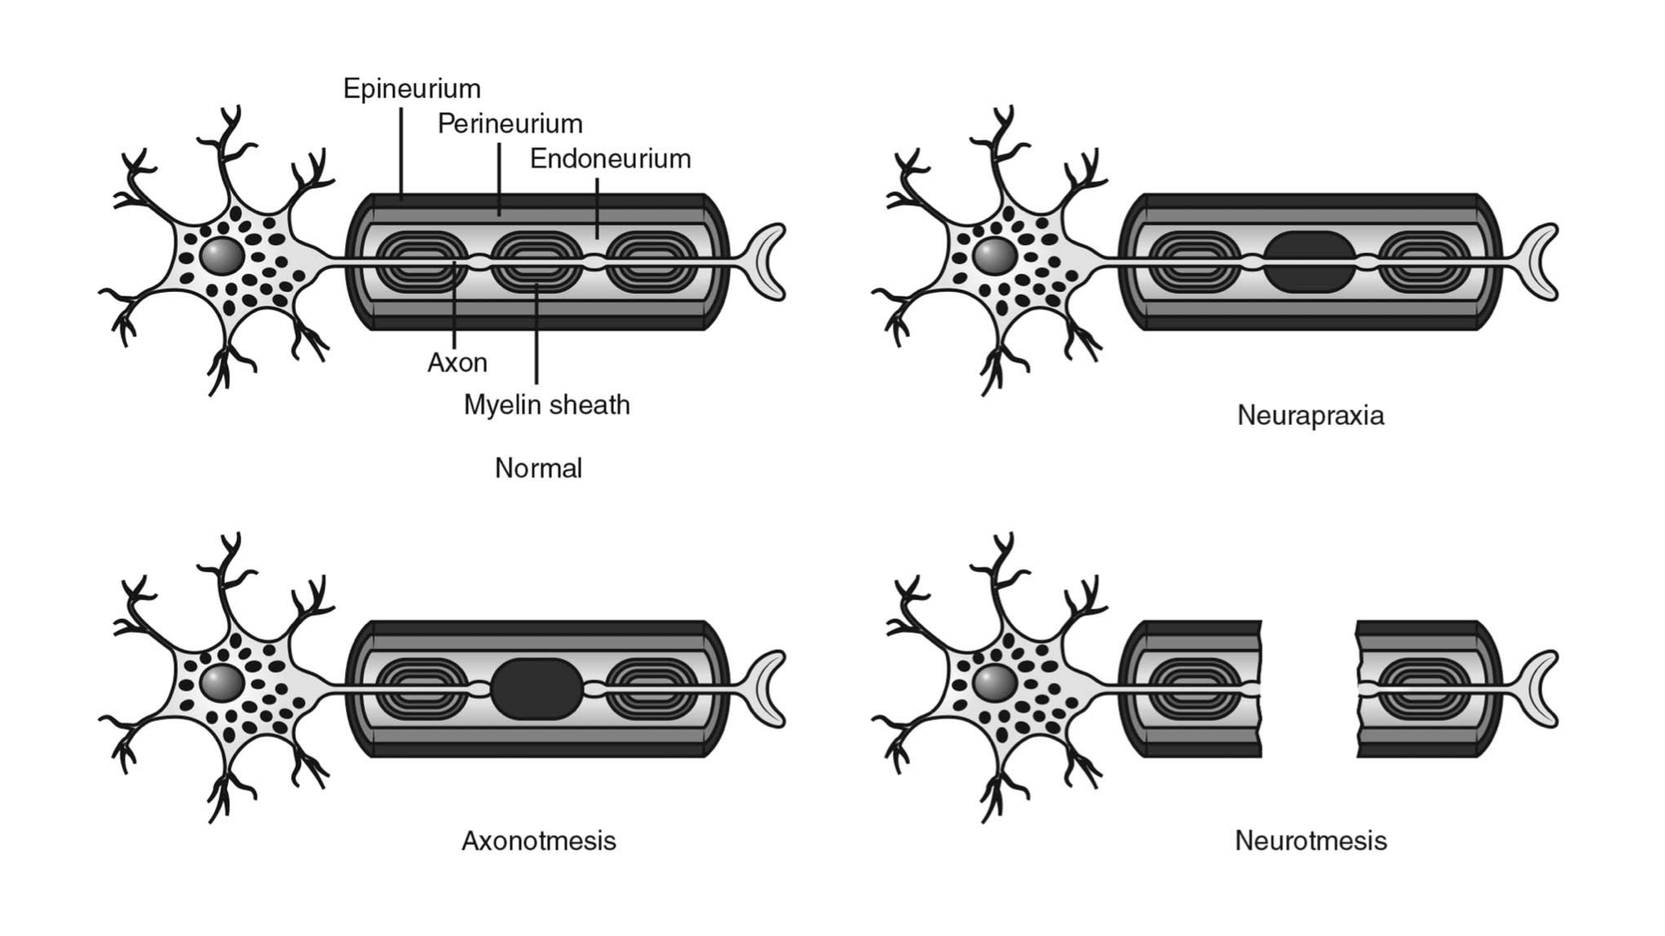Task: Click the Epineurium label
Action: (412, 88)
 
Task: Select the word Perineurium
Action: (510, 124)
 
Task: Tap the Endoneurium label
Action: (610, 159)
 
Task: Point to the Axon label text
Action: (457, 362)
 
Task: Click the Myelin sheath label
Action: (546, 405)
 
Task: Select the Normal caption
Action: (539, 468)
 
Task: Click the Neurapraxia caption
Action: (1310, 415)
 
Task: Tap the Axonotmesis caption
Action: (539, 841)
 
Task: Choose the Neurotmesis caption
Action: (1310, 841)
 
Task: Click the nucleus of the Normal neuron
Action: (221, 256)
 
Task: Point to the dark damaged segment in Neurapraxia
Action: (1309, 261)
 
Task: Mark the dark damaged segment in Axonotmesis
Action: (537, 688)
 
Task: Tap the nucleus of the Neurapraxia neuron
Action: (994, 256)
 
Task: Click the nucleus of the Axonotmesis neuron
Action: (221, 682)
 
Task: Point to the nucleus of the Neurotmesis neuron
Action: (994, 682)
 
